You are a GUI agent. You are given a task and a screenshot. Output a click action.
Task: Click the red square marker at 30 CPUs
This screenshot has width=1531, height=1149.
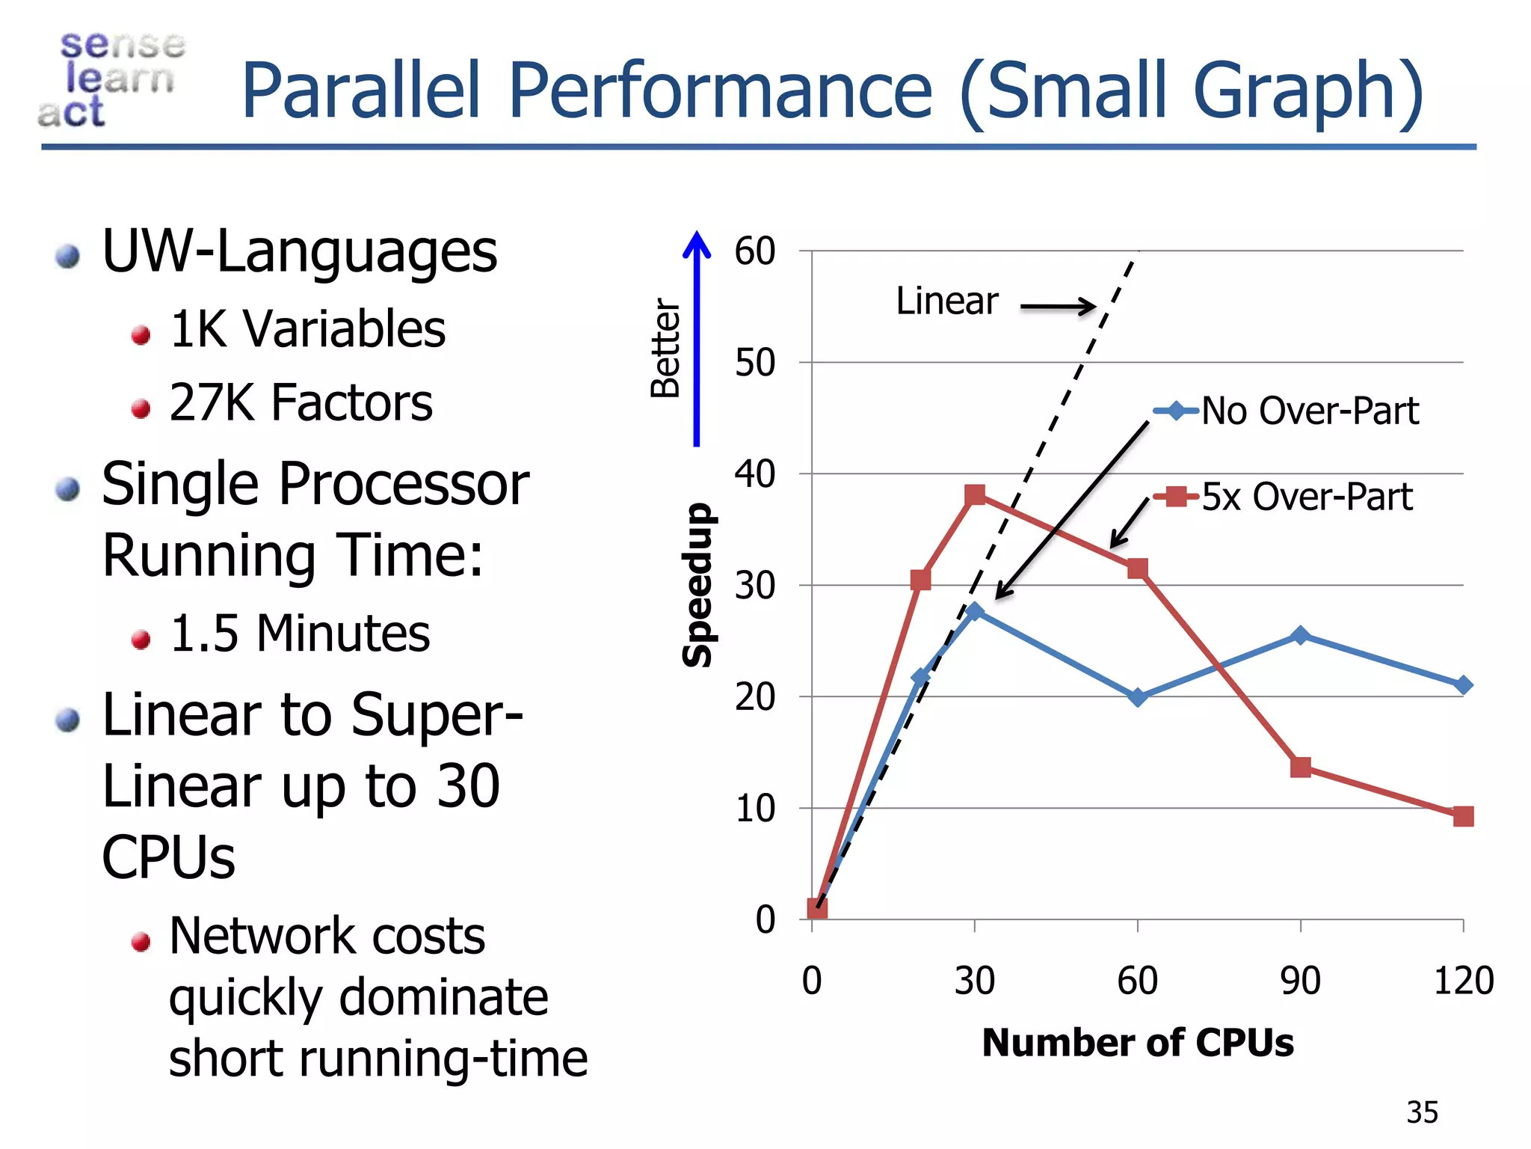pos(975,494)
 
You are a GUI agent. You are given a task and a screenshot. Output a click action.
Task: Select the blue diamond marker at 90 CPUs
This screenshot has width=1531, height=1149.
pos(1301,636)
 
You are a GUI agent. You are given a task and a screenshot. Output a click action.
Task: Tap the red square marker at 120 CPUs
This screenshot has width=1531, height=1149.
pos(1464,816)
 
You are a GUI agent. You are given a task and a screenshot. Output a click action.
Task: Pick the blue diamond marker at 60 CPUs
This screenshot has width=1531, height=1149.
pos(1138,697)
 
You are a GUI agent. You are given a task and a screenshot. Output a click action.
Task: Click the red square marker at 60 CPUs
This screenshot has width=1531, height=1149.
pos(1138,569)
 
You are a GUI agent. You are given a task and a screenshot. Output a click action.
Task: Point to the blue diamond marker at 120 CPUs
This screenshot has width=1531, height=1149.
pos(1464,684)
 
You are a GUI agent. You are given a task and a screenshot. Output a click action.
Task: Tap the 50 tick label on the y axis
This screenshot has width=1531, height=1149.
pos(754,363)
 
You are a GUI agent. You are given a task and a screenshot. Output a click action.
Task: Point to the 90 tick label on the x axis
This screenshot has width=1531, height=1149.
pos(1300,981)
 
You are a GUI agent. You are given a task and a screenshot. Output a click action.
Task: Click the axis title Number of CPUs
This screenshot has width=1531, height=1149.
pos(1137,1043)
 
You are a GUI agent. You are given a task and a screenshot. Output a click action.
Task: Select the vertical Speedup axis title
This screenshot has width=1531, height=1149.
pos(697,584)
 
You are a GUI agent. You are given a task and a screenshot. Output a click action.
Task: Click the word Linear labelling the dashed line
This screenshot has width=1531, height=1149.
pos(946,301)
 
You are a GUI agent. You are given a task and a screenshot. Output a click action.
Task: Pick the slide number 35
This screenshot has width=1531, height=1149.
pos(1422,1112)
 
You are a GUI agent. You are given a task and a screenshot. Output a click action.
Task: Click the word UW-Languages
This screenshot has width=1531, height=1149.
pos(299,252)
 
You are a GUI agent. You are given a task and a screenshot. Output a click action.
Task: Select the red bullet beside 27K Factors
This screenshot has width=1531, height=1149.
pos(141,408)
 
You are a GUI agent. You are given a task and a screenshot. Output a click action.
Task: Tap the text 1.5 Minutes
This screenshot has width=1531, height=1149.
pos(300,634)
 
